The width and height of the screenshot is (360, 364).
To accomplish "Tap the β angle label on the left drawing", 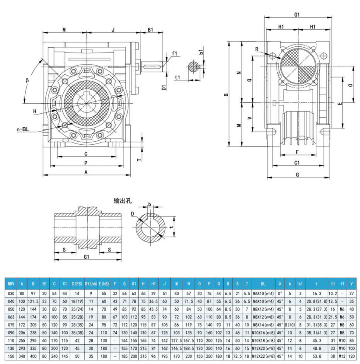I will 27,80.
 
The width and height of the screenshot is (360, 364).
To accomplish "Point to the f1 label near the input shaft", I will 174,54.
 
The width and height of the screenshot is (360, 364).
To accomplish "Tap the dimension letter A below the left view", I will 86,173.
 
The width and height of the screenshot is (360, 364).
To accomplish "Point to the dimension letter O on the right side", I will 350,85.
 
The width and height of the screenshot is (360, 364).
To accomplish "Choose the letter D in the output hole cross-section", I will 133,214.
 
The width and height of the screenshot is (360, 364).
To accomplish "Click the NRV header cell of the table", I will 10,284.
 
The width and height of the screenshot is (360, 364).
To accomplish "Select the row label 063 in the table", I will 10,316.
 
